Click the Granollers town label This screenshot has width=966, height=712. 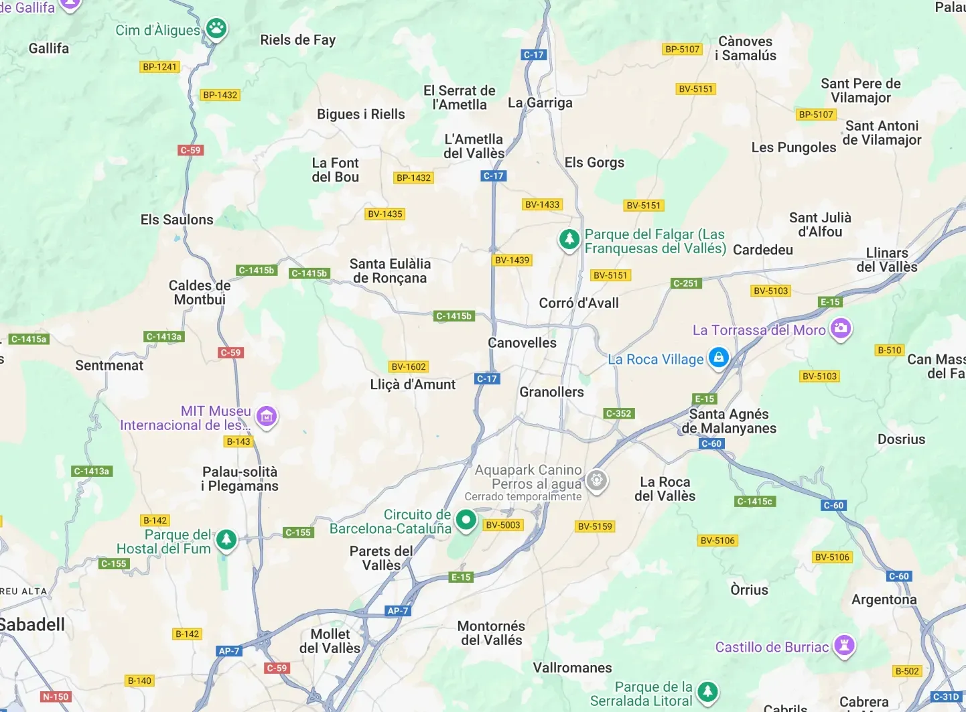point(551,393)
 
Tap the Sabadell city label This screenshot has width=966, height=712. point(33,625)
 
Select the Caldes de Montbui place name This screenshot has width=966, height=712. point(200,293)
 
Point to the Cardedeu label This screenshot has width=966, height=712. point(762,251)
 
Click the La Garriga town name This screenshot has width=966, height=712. point(540,103)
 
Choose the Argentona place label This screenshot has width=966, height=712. point(884,600)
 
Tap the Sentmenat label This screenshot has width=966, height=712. point(109,366)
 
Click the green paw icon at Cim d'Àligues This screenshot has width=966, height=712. point(216,29)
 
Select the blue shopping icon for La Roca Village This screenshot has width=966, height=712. point(718,357)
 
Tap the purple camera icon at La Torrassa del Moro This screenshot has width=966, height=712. point(840,328)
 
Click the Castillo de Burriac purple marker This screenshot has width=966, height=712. point(844,646)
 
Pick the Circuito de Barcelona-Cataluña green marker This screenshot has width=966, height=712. point(466,519)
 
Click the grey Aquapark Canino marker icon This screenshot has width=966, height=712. point(596,480)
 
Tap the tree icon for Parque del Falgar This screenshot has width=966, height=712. point(569,238)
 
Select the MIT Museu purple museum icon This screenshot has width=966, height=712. point(267,416)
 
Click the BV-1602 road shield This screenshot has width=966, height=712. point(409,367)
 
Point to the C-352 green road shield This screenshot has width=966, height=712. point(618,414)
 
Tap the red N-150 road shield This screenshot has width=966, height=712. point(56,697)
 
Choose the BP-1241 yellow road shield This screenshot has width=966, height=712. point(159,67)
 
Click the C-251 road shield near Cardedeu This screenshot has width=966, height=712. point(685,283)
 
